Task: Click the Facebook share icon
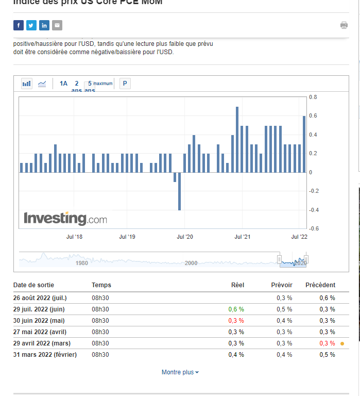coord(19,25)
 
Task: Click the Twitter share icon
coord(31,25)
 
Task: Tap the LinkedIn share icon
coord(44,25)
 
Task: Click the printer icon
coord(344,25)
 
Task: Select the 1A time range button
coord(63,84)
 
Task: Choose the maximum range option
coord(103,84)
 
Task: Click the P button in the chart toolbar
coord(125,84)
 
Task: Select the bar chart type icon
coord(27,84)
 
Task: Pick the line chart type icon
coord(42,84)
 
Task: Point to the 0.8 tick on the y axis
coord(313,97)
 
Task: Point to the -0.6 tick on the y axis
coord(313,228)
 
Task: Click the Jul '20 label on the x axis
coord(184,237)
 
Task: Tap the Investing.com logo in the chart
coord(65,218)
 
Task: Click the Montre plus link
coord(180,372)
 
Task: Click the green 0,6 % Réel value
coord(236,309)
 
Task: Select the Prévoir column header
coord(282,285)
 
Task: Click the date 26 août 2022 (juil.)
coord(40,298)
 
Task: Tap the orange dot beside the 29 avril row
coord(342,343)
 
